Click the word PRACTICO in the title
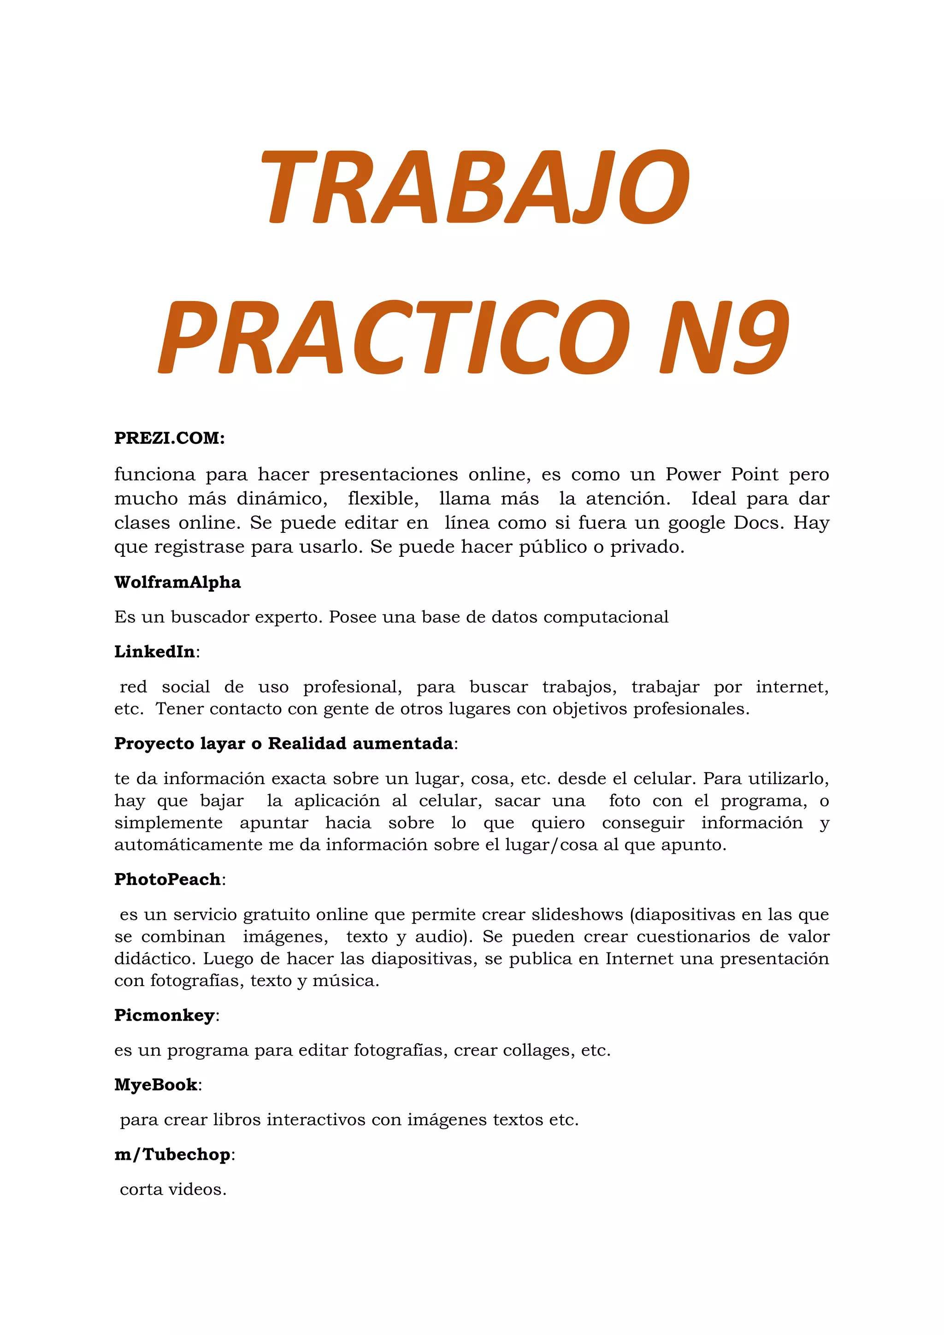394,337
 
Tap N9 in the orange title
724,337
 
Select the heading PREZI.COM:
169,438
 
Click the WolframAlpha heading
177,582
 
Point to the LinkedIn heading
154,652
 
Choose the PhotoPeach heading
167,879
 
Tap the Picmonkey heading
165,1015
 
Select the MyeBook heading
156,1085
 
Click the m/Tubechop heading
173,1154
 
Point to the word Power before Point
693,474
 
